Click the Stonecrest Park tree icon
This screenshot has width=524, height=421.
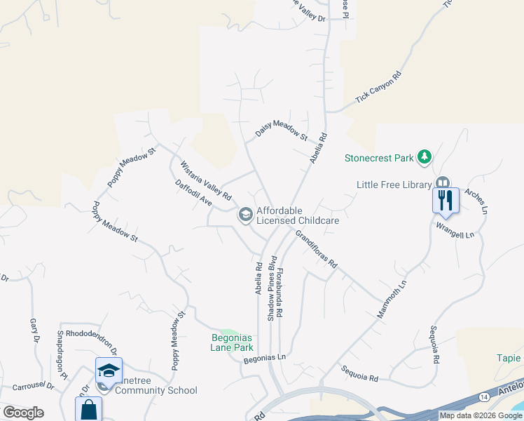click(x=424, y=157)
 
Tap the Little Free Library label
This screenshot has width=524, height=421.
click(x=393, y=185)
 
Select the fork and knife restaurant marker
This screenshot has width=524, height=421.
click(x=446, y=201)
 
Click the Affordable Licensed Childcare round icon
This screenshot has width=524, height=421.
click(x=246, y=215)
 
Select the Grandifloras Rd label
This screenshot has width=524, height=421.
click(x=316, y=248)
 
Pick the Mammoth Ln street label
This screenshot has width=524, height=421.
click(x=392, y=300)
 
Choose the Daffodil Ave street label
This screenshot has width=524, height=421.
click(x=193, y=192)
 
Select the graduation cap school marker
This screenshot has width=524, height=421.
click(x=109, y=370)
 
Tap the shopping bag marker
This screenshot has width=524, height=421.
click(x=88, y=410)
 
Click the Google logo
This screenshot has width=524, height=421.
click(x=23, y=413)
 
